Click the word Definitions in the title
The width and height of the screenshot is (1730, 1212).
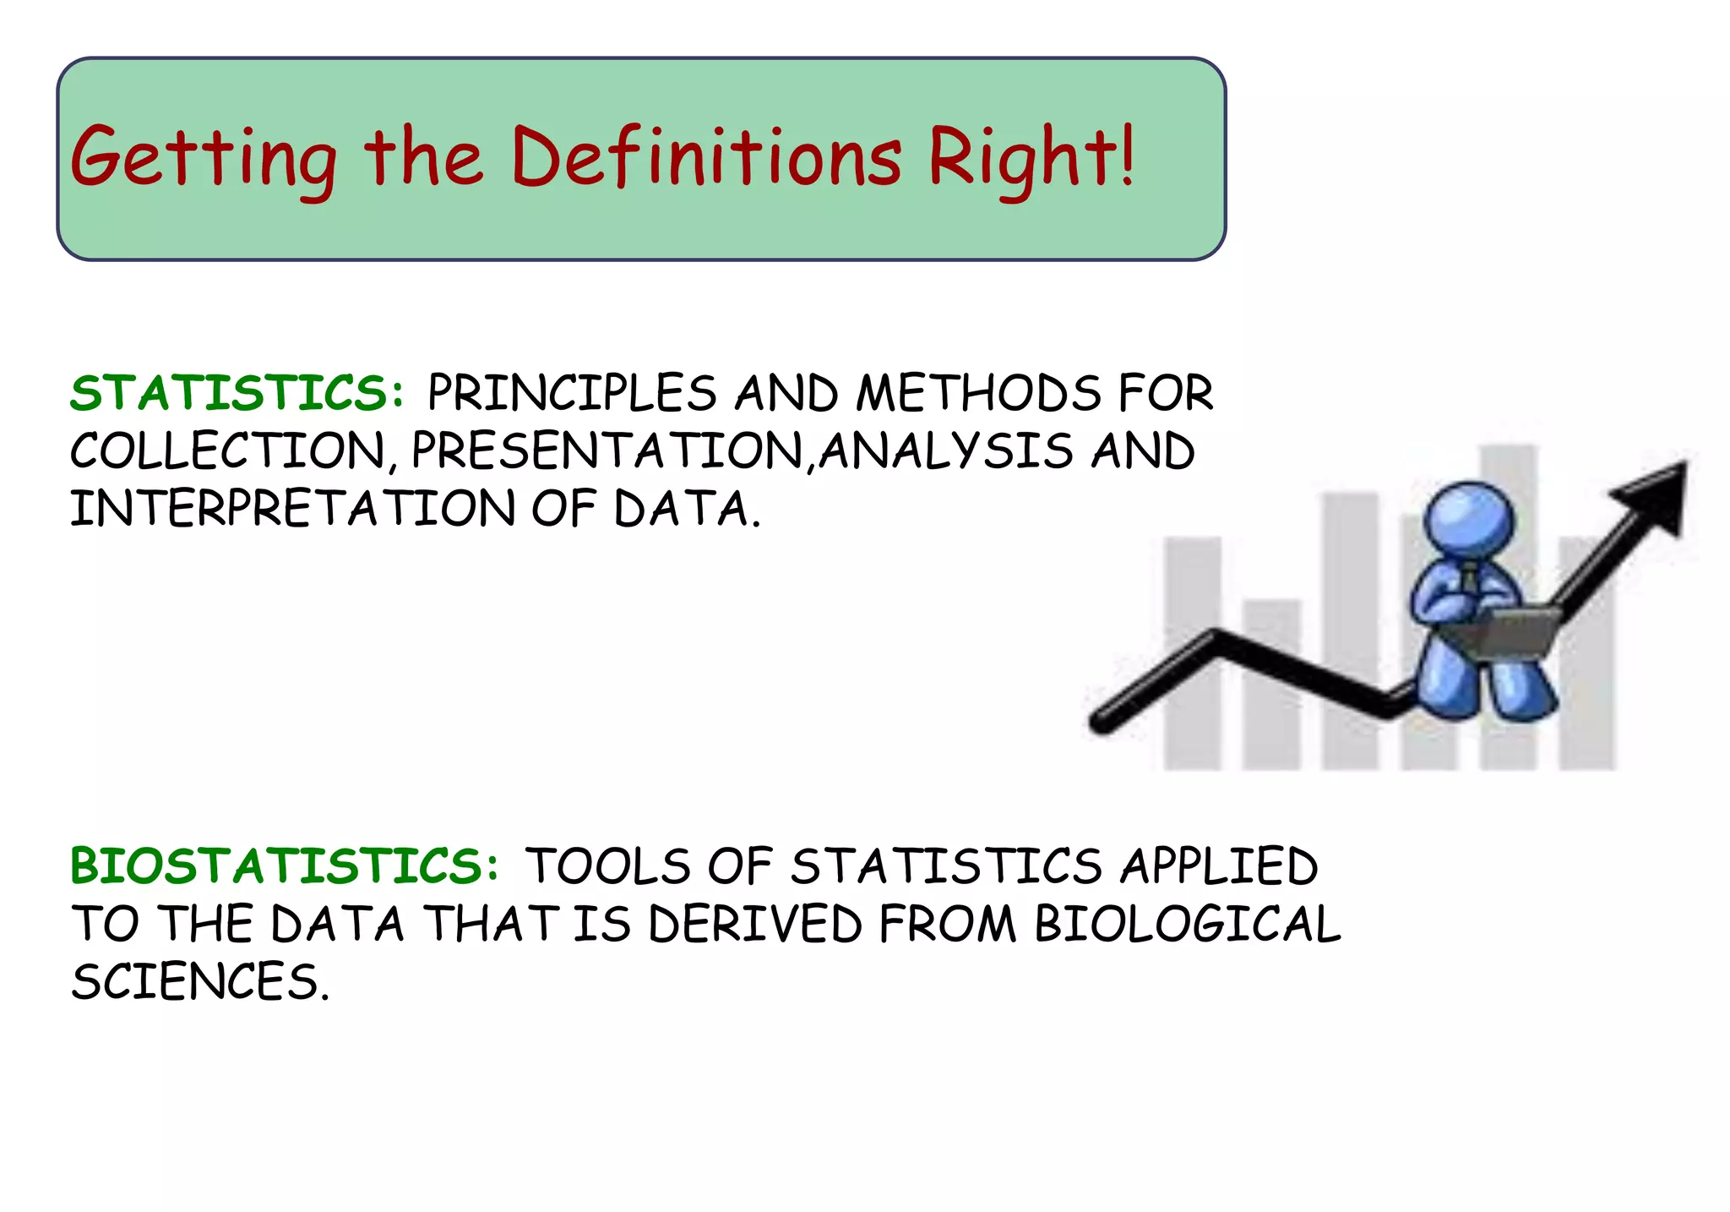point(706,157)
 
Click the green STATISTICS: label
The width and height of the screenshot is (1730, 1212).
point(237,394)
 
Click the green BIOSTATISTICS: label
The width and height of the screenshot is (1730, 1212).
point(285,867)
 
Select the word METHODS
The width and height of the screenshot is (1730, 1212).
point(979,394)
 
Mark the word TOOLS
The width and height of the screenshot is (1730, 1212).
point(607,867)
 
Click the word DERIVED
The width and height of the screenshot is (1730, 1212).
point(755,924)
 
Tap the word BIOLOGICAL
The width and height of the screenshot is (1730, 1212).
point(1188,924)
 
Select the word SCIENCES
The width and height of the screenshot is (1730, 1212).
point(198,982)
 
